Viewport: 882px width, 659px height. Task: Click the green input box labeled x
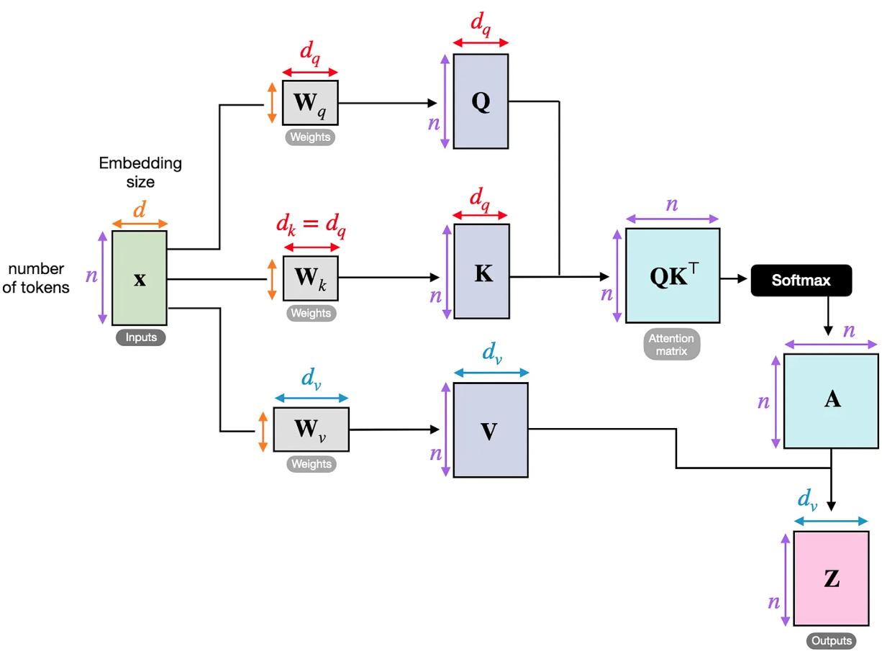[140, 278]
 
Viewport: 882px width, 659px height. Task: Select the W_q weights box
[310, 104]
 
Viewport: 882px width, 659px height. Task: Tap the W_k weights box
[310, 278]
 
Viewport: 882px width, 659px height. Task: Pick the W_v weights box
[311, 430]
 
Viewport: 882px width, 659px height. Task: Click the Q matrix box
[481, 101]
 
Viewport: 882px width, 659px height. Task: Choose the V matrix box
[490, 430]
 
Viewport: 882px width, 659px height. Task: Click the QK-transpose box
[672, 276]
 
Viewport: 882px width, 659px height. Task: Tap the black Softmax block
[801, 280]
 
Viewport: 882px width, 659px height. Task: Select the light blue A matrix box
[831, 400]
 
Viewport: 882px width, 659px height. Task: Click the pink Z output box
[831, 578]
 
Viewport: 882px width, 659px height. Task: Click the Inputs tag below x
[140, 337]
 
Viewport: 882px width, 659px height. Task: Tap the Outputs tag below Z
[831, 640]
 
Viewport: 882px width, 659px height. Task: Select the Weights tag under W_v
[311, 464]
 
